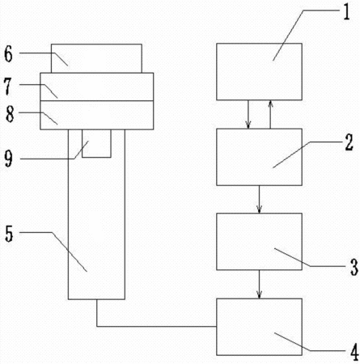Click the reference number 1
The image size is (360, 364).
coord(346,11)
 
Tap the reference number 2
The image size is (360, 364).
coord(349,142)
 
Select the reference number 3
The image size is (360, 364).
coord(354,267)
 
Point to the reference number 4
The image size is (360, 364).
coord(354,352)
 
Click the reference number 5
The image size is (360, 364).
coord(9,234)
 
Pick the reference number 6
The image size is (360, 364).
coord(8,54)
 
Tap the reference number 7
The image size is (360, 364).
coord(8,86)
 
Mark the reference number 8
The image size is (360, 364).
coord(10,114)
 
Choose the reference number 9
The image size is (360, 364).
coord(8,159)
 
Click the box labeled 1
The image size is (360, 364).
coord(259,72)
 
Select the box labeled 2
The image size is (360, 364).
coord(259,157)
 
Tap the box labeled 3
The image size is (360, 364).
coord(259,242)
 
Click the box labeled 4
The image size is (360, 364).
coord(259,327)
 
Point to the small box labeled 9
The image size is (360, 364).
coord(96,143)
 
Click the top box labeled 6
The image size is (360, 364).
coord(96,58)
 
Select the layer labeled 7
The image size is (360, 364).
coord(97,87)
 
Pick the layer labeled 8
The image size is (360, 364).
coord(97,115)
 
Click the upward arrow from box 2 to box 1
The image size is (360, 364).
coord(270,114)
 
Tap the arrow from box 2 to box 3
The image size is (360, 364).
coord(259,199)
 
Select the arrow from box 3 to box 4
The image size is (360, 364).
coord(259,284)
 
